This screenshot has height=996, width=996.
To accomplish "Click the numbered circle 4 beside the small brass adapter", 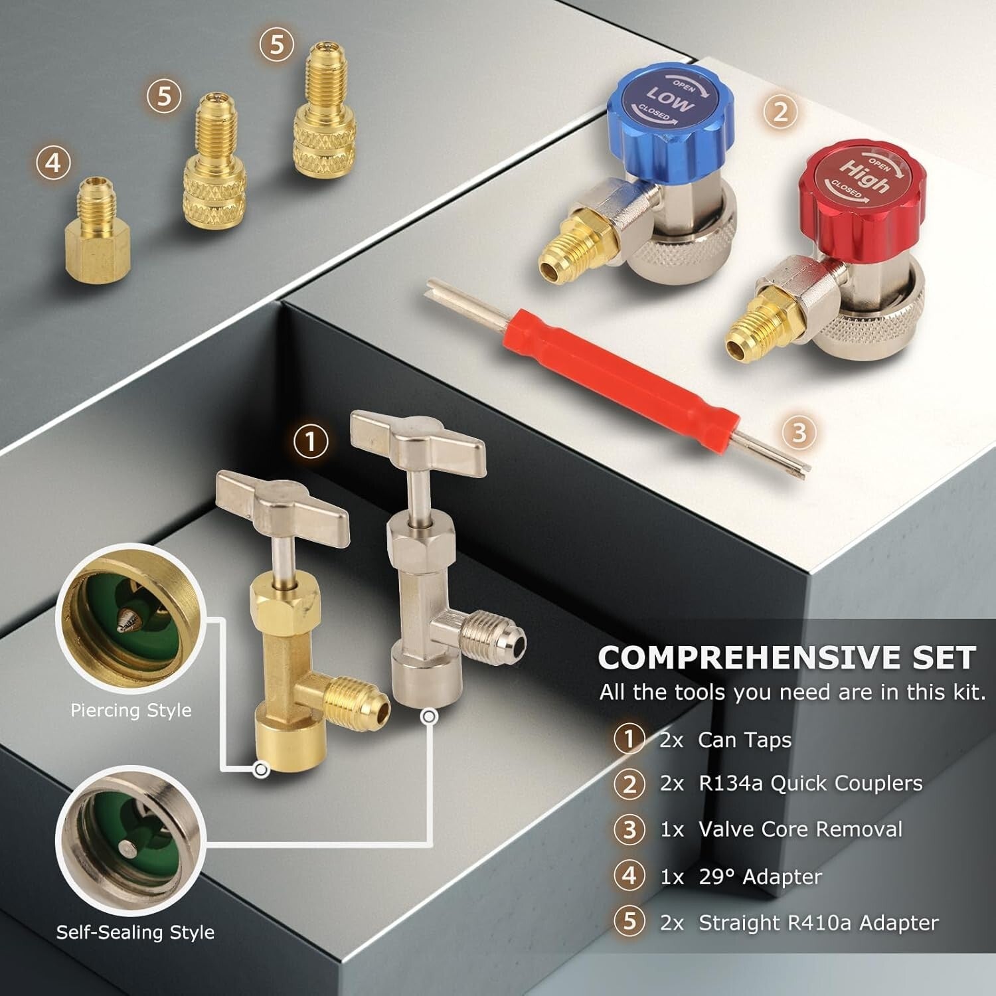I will click(x=54, y=163).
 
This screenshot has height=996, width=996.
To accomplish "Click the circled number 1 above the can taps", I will click(x=311, y=442).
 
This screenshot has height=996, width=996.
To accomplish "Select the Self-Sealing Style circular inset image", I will click(x=129, y=840).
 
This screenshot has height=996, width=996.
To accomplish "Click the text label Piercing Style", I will click(x=131, y=710).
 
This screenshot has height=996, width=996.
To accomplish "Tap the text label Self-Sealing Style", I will click(x=135, y=932).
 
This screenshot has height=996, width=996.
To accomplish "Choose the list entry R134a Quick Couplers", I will click(x=810, y=784).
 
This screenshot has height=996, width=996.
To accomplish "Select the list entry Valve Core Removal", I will click(x=800, y=829).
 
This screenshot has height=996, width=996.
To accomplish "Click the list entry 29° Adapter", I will click(x=760, y=876).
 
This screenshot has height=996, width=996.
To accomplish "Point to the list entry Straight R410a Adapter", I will click(x=818, y=923).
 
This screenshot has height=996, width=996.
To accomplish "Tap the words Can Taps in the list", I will click(x=744, y=740).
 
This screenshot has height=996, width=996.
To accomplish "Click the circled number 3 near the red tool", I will click(x=799, y=432).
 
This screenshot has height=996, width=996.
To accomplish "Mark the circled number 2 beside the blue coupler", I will click(x=780, y=111).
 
